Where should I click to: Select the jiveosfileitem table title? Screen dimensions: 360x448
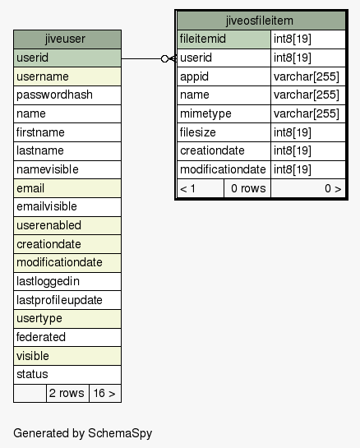(260, 21)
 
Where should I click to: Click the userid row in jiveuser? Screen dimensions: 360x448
(67, 58)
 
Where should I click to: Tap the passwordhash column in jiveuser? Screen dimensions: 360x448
(67, 95)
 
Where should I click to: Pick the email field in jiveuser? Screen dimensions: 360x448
(67, 188)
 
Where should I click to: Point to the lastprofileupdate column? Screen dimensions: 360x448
(67, 300)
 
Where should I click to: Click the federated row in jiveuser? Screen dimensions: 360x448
(67, 337)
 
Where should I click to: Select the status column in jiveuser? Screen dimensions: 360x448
(67, 375)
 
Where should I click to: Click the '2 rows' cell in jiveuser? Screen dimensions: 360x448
(67, 394)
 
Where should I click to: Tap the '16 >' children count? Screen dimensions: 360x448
(105, 394)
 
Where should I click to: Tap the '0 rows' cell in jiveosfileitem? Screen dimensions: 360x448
(247, 188)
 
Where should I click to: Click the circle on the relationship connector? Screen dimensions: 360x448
(164, 59)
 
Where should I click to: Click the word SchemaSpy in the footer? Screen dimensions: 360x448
(120, 433)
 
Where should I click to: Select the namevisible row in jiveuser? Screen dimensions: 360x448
(67, 169)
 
